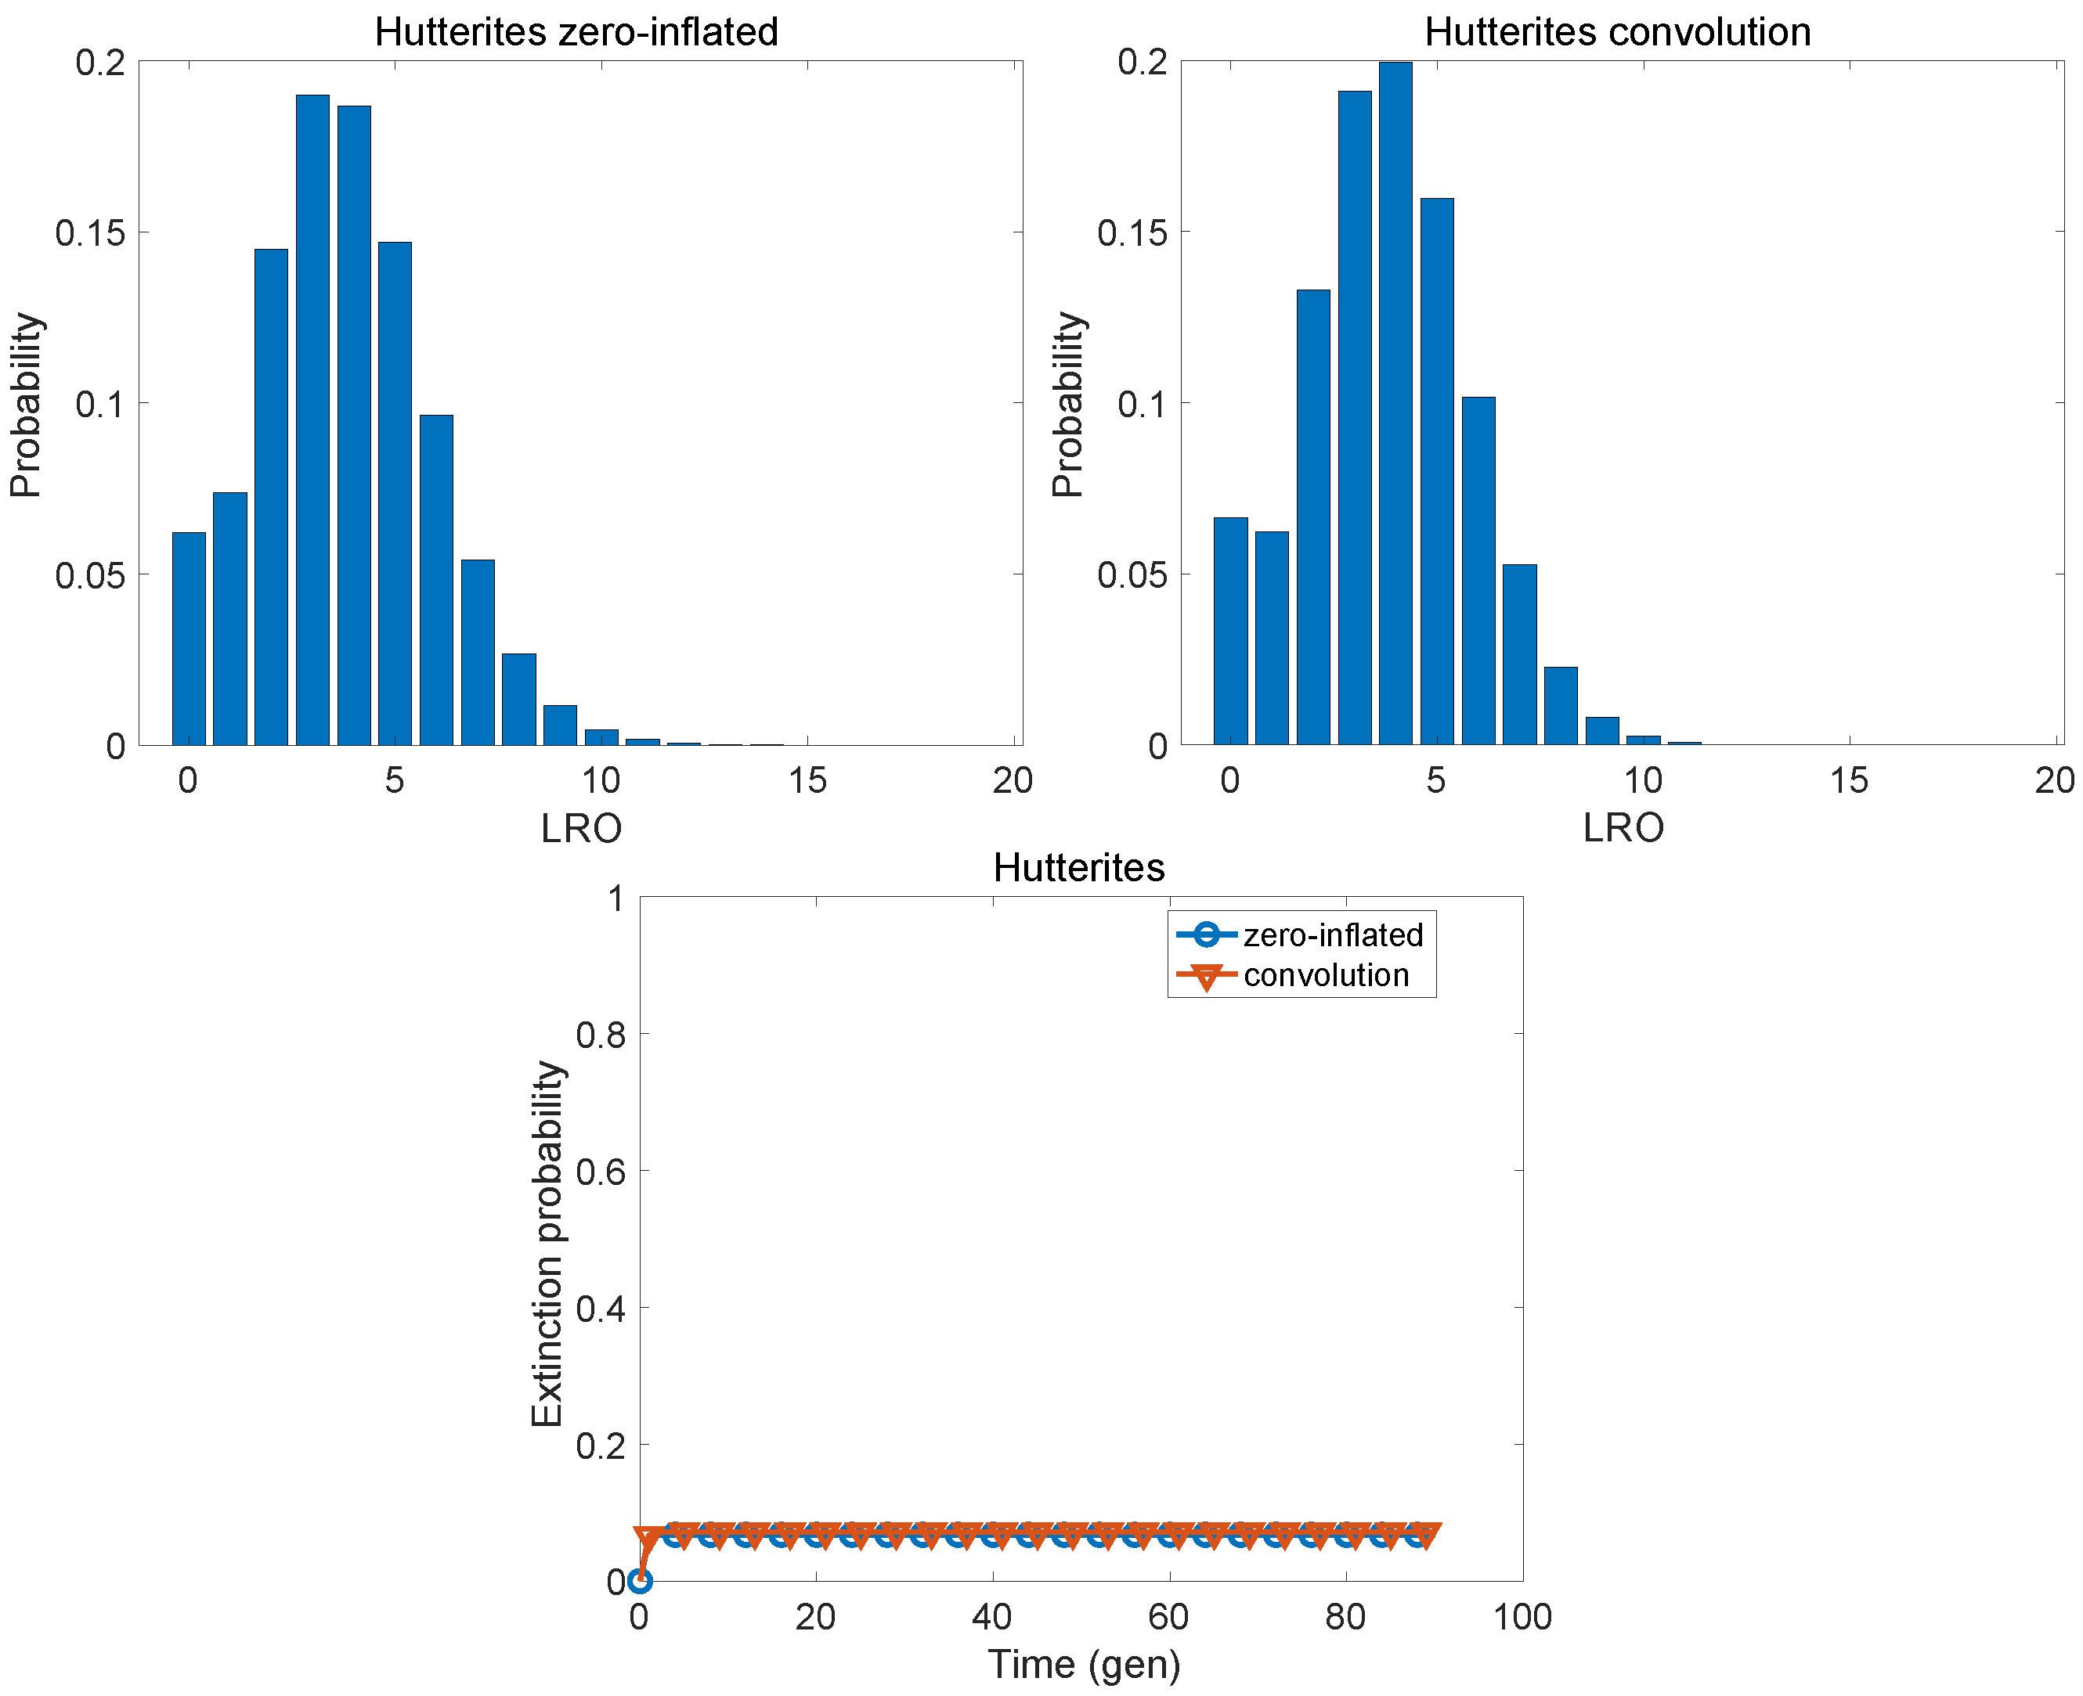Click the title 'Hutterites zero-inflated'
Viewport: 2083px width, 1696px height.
tap(576, 32)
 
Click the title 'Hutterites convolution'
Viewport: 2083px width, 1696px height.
tap(1617, 32)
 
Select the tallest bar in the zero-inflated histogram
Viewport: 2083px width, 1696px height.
tap(312, 420)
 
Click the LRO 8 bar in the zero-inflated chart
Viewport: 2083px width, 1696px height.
tap(519, 700)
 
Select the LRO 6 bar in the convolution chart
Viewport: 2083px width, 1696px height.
tap(1478, 571)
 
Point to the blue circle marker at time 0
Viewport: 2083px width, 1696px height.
tap(639, 1581)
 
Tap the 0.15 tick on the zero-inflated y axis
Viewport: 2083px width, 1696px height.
tap(90, 232)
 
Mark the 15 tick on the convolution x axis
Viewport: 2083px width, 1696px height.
tap(1848, 780)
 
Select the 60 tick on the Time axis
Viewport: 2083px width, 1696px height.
tap(1168, 1617)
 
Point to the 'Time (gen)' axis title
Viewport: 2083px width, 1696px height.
tap(1083, 1664)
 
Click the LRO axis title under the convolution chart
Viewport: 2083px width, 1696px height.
tap(1622, 829)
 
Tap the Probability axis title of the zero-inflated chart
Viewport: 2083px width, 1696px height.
tap(27, 405)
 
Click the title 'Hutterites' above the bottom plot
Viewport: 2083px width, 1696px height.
tap(1078, 867)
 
